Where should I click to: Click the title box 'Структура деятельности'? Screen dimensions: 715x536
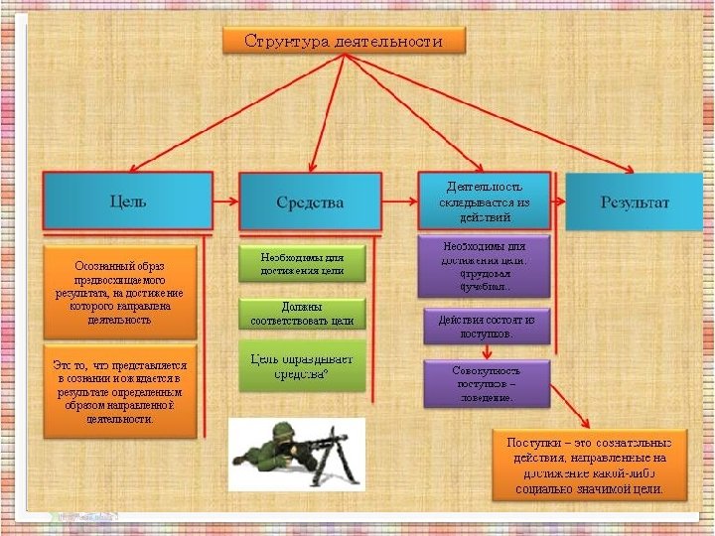coord(344,41)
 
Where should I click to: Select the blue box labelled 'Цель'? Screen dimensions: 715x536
coord(127,201)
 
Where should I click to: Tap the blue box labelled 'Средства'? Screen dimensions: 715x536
coord(310,202)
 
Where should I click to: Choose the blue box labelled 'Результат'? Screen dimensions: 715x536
coord(635,202)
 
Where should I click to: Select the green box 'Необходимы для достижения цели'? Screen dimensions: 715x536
coord(302,263)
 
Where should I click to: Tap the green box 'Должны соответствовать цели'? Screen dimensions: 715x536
coord(302,315)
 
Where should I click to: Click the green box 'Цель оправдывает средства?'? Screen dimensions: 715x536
coord(302,365)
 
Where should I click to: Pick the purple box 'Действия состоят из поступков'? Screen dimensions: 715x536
coord(486,327)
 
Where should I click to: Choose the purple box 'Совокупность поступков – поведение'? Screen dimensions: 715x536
coord(486,383)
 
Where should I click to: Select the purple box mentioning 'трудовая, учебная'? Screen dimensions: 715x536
coord(486,266)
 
